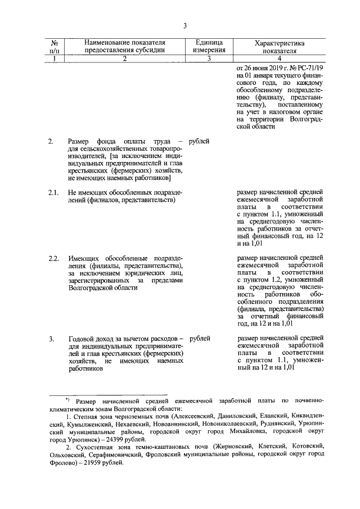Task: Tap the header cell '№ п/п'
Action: [x=55, y=46]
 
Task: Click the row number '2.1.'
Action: [x=54, y=192]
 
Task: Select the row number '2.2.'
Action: [x=54, y=258]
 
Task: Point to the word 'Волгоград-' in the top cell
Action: [x=307, y=119]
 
